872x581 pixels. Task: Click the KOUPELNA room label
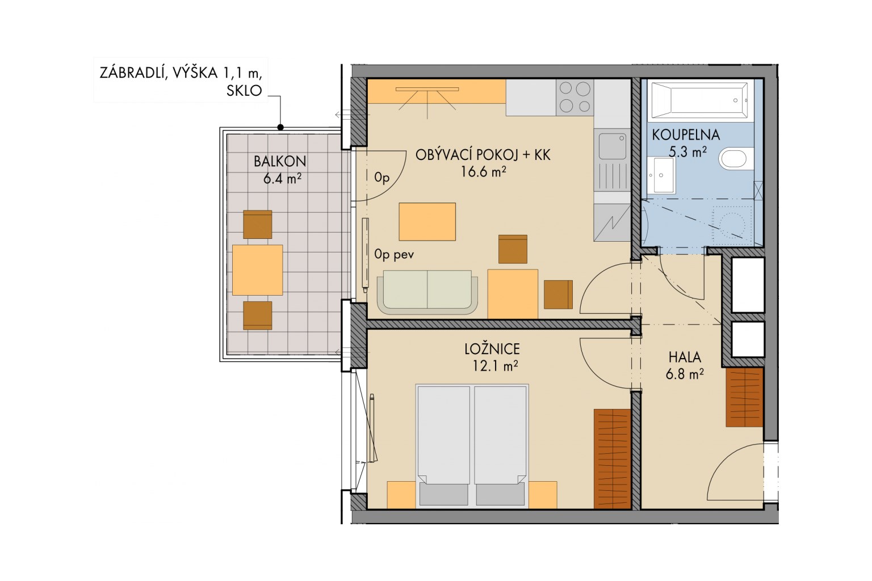tap(686, 134)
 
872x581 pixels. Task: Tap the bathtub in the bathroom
tap(699, 100)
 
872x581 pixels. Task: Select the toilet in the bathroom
tap(735, 159)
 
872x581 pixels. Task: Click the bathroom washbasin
tap(661, 175)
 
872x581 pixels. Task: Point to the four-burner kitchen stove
tap(575, 97)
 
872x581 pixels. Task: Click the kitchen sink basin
tap(613, 146)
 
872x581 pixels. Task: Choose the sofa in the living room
tap(427, 292)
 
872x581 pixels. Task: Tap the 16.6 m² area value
tap(484, 171)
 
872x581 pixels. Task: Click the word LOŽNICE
tap(492, 349)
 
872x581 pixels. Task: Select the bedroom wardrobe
tap(612, 459)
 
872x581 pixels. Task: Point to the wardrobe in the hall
tap(744, 397)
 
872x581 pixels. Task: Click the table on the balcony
tap(258, 270)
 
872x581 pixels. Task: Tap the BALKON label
tap(280, 161)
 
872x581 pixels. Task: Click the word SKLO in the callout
tap(244, 91)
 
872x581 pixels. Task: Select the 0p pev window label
tap(394, 255)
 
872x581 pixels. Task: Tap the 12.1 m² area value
tap(495, 366)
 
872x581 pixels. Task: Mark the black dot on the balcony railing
tap(280, 127)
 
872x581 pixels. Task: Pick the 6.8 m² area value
tap(685, 374)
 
